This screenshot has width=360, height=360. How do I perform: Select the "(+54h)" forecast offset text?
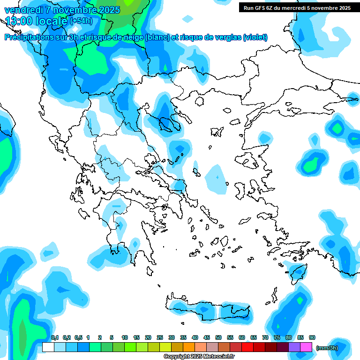[x=81, y=21]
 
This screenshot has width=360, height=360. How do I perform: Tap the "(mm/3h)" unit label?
[x=327, y=347]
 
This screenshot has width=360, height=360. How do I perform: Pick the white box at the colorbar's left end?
[x=48, y=347]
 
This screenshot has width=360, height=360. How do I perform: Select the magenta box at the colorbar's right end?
[x=306, y=347]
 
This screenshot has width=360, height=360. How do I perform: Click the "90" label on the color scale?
[x=312, y=337]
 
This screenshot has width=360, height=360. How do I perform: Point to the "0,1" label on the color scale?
[x=55, y=337]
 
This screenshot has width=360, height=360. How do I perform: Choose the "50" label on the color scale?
[x=218, y=337]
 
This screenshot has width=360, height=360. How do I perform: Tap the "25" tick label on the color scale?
[x=160, y=337]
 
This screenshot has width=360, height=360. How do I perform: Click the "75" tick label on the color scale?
[x=277, y=337]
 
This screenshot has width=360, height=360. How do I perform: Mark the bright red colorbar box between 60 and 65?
[x=247, y=347]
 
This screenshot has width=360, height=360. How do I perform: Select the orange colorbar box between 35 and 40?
[x=189, y=347]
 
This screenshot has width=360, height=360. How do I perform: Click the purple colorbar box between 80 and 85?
[x=294, y=347]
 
